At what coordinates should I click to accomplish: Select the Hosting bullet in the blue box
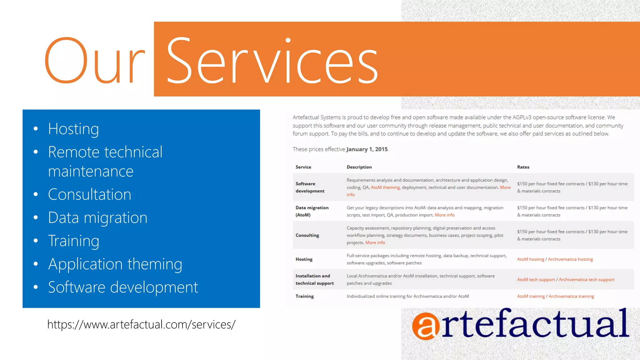[x=73, y=129]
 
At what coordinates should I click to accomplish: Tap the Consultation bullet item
[x=89, y=194]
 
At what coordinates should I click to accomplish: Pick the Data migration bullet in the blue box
[x=97, y=217]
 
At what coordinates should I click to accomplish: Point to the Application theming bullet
[x=115, y=264]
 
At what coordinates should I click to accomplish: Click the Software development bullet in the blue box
[x=123, y=287]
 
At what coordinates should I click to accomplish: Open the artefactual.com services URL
[x=141, y=324]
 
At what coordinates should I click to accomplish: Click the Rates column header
[x=523, y=167]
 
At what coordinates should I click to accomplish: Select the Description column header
[x=359, y=167]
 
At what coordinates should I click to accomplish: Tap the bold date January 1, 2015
[x=367, y=149]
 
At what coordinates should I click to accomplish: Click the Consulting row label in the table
[x=307, y=235]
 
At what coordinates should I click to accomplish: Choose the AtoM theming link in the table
[x=385, y=187]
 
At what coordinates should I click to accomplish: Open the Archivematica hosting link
[x=570, y=259]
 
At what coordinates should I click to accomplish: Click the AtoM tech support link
[x=536, y=280]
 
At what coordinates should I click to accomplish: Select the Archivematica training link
[x=571, y=296]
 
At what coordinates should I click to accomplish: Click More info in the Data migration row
[x=444, y=215]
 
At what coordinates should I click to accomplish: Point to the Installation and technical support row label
[x=314, y=280]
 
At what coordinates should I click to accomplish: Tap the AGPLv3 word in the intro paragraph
[x=522, y=117]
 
